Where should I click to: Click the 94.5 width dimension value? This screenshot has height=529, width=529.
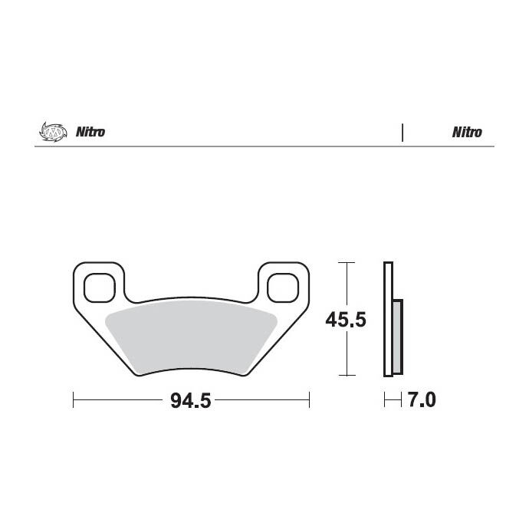191,400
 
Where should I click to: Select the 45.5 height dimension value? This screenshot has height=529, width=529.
346,320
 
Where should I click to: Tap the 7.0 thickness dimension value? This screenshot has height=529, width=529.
422,399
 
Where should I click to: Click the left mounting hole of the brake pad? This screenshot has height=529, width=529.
100,287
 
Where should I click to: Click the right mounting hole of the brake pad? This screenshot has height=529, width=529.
283,287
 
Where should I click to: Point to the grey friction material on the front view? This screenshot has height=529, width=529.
191,337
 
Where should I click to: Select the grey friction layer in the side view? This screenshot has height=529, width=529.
398,337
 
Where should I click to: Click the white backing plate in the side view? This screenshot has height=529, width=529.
388,319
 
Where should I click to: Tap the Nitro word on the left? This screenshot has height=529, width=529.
90,132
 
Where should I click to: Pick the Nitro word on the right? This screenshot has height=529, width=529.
467,132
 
